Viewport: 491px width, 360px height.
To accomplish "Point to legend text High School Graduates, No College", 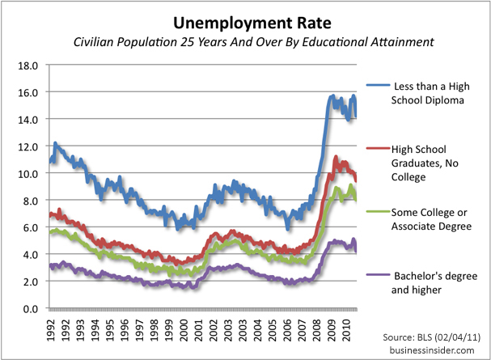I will pos(431,156).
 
